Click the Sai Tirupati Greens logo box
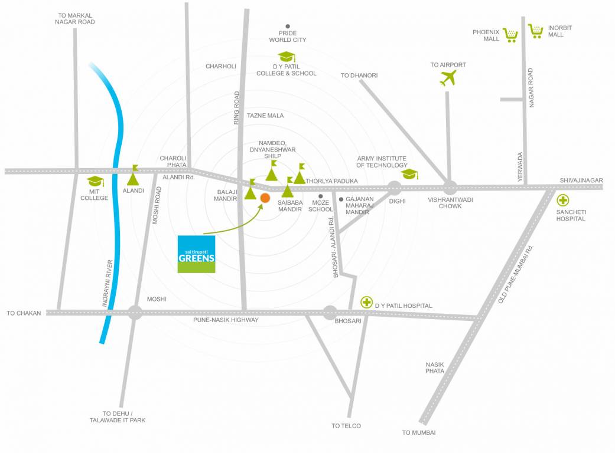[197, 254]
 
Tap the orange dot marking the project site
[265, 198]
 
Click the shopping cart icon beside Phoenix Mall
[510, 35]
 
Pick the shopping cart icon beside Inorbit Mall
[536, 31]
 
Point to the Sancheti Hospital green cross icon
[563, 201]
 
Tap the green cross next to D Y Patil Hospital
[367, 303]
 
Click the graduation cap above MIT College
[95, 182]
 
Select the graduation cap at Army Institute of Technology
[409, 174]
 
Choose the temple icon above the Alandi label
[134, 176]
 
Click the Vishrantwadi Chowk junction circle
[450, 188]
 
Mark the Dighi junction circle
[395, 188]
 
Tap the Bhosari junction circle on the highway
[330, 312]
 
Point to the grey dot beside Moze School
[320, 196]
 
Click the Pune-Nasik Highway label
[226, 320]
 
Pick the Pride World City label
[288, 37]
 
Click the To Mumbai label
[418, 432]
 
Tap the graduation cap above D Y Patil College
[287, 57]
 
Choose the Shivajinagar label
[581, 180]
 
